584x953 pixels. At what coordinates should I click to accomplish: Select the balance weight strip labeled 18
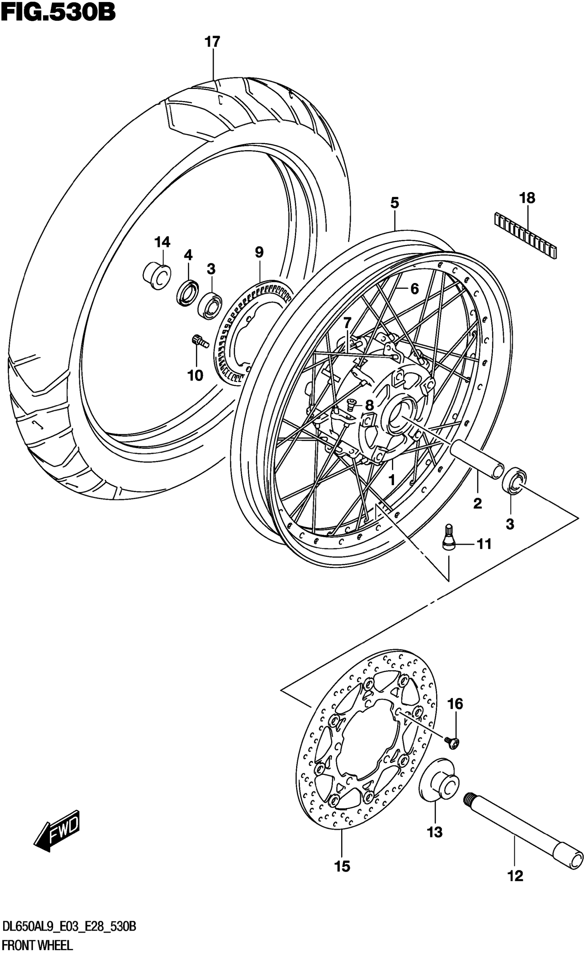[x=525, y=235]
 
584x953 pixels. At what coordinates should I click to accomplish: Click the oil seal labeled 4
[x=188, y=293]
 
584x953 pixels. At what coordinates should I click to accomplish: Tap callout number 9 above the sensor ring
[x=259, y=253]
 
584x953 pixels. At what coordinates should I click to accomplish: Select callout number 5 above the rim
[x=394, y=203]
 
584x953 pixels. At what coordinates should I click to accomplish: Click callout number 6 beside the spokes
[x=414, y=289]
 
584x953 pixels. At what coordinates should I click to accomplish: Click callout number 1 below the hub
[x=391, y=480]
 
